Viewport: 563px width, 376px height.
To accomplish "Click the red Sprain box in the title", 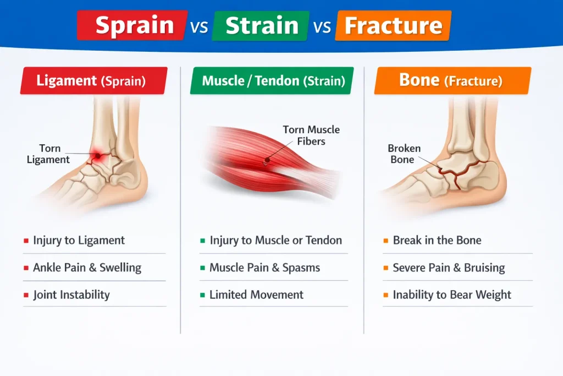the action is (132, 25).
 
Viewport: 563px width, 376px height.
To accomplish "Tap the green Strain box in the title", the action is (261, 25).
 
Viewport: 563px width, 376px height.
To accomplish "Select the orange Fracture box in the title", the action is (393, 25).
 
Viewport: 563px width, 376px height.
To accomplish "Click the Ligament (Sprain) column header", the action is (93, 80).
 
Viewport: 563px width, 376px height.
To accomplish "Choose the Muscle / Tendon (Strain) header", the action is (272, 80).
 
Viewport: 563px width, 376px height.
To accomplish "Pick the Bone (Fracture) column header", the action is (452, 80).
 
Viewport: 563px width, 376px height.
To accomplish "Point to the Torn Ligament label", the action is (48, 154).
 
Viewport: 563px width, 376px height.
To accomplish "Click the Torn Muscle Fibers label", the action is (311, 135).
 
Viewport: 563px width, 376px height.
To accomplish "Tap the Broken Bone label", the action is (404, 154).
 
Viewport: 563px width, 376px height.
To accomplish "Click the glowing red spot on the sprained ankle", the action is (97, 156).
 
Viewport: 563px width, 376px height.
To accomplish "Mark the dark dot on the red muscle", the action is (267, 160).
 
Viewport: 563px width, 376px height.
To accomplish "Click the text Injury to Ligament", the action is (79, 240).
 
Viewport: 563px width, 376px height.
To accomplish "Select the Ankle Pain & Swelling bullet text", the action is (87, 268).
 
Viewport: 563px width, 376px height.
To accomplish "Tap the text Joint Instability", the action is (71, 295).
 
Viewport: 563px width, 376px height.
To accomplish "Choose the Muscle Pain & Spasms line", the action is (264, 268).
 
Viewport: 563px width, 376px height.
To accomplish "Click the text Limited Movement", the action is (256, 295).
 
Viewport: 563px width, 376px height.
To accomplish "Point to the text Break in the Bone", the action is (437, 240).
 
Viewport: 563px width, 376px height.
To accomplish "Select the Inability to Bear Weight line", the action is (452, 295).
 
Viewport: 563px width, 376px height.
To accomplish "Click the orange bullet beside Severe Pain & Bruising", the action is (385, 268).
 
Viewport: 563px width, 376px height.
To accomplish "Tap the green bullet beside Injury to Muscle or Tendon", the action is (202, 241).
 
